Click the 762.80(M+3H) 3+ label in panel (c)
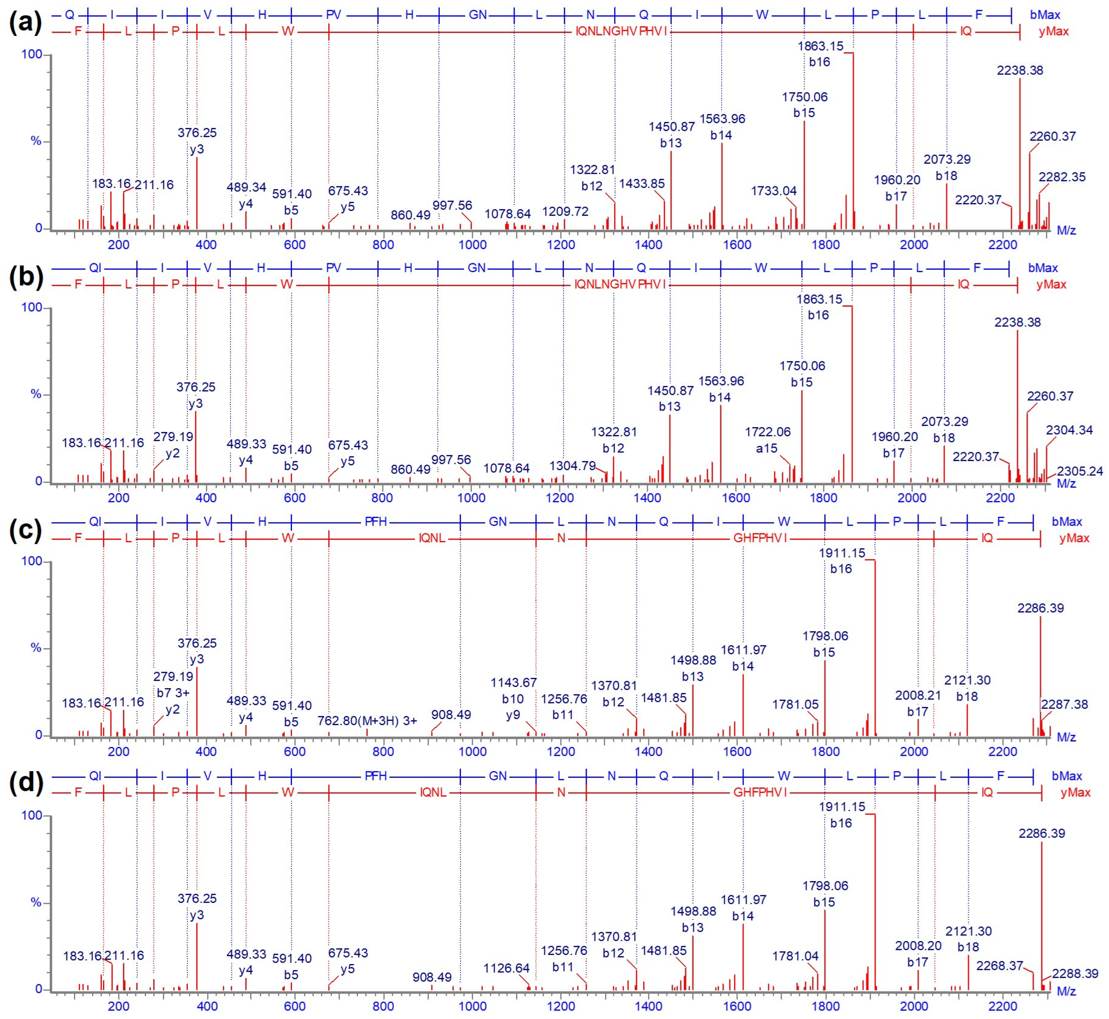[367, 720]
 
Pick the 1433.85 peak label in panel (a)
[642, 184]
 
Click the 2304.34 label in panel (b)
[1069, 429]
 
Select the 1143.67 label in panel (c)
[514, 683]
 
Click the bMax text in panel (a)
[1045, 15]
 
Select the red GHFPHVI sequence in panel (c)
[760, 538]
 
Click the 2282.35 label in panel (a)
[1062, 177]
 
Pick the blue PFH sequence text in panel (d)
[376, 776]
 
